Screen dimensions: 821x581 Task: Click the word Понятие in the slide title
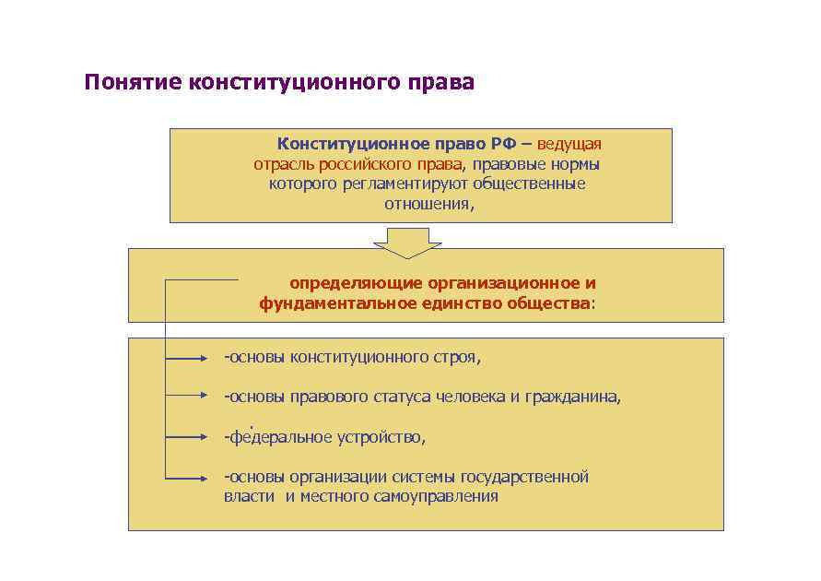pos(132,84)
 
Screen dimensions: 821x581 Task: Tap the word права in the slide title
pos(443,84)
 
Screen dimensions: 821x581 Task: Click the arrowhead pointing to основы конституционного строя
pos(210,357)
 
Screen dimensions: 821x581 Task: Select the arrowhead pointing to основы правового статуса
pos(210,397)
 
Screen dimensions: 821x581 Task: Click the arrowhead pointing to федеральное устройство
pos(210,436)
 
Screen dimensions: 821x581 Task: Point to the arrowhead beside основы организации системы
pos(210,479)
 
